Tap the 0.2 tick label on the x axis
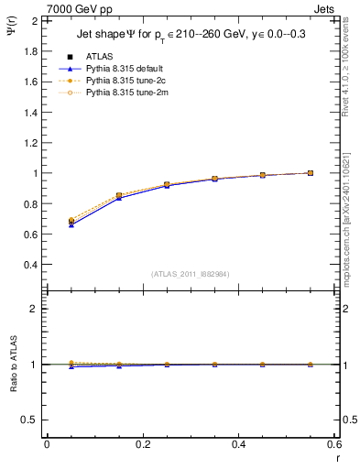(142, 445)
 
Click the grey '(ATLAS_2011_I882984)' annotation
(190, 274)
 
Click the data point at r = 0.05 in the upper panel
(71, 222)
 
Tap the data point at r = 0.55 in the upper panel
(311, 172)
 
